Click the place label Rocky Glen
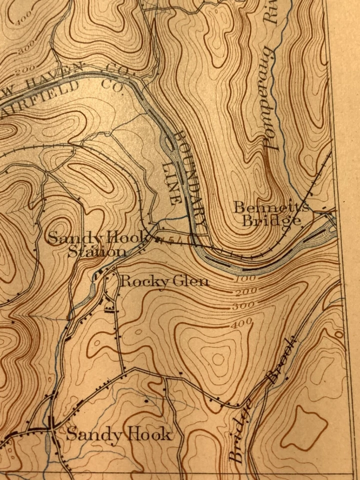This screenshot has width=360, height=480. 164,281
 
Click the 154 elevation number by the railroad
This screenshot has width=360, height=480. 165,240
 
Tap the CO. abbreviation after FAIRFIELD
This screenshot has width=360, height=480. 107,81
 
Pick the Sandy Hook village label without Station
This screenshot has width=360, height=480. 118,434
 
